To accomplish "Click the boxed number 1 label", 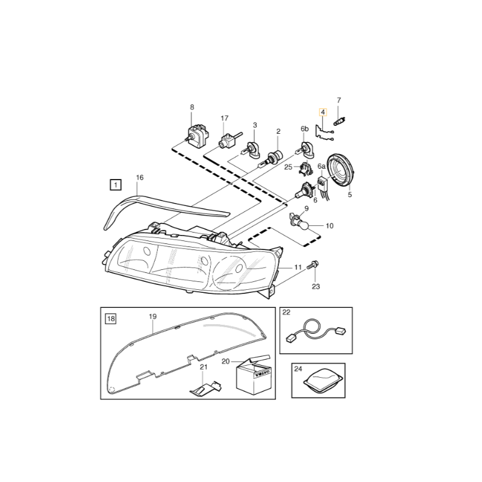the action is [116, 185].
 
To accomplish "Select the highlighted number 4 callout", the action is [323, 113].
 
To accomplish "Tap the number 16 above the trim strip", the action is [140, 178].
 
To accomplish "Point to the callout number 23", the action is [316, 287].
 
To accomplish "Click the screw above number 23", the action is [313, 264].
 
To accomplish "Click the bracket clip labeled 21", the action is [205, 388].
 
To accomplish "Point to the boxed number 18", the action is [111, 319].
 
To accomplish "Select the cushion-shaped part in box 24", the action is [323, 380].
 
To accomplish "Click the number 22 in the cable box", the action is [286, 312].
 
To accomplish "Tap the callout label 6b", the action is [304, 129].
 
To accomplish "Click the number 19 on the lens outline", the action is [153, 316].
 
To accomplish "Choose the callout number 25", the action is [289, 167].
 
